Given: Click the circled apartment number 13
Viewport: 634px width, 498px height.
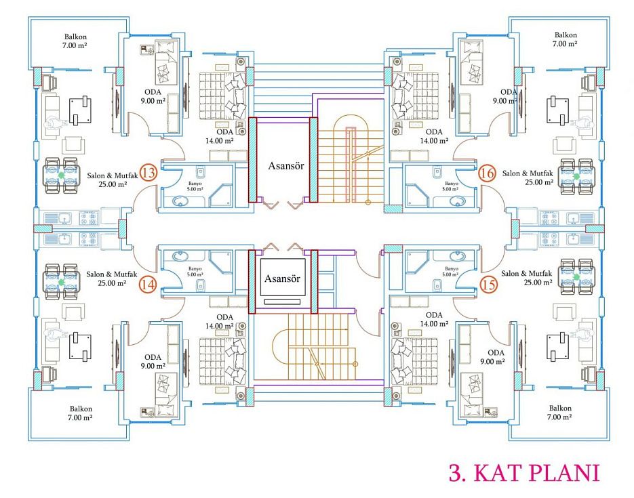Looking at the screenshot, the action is coord(148,173).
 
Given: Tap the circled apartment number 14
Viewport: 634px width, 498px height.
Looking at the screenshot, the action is coord(148,285).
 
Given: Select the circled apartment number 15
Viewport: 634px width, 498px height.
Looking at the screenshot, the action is coord(488,285).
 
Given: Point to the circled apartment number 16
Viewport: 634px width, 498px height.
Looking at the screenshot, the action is coord(487,173).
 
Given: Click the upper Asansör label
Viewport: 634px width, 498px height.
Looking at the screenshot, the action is coord(286,165).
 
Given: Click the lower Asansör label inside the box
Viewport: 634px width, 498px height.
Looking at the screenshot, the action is coord(282,278).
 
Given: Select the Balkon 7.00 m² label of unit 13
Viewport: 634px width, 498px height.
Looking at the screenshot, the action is coord(75,41).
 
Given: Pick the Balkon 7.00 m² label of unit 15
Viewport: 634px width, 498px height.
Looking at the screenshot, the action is coord(560,413).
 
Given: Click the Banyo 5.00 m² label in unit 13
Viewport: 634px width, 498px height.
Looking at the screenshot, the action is coord(195,186).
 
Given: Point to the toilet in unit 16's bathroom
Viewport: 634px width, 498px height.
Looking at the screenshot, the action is coord(436,172).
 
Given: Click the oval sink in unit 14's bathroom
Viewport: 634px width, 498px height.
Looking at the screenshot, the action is coord(180,256).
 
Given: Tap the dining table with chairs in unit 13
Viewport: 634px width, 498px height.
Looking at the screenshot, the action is coord(61,175).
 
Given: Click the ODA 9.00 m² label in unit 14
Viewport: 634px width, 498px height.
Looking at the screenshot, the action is coord(153,362).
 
